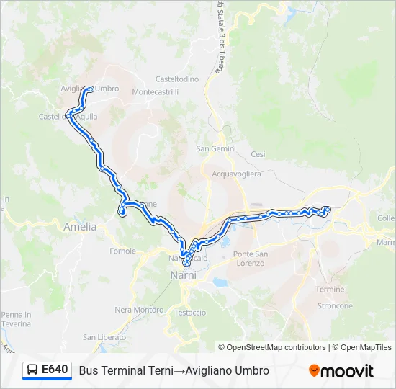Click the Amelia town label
(x=80, y=226)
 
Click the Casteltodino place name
(x=177, y=79)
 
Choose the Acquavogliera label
(x=236, y=174)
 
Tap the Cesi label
(x=258, y=154)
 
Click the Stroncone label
(x=335, y=305)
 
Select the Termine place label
(x=330, y=289)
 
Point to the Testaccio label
(x=190, y=313)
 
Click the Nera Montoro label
(x=139, y=310)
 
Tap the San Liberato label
(x=99, y=337)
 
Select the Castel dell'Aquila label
(x=68, y=116)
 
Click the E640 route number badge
(x=55, y=370)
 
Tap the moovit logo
(x=341, y=370)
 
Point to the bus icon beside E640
(x=32, y=370)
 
